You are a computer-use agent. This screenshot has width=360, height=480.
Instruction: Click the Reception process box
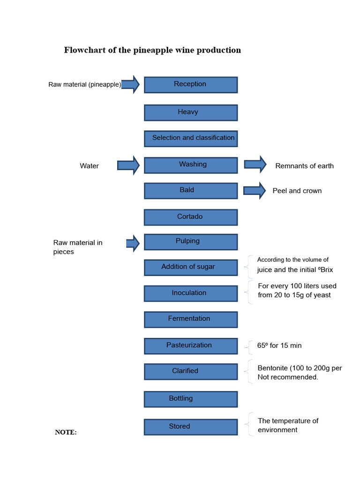(x=190, y=85)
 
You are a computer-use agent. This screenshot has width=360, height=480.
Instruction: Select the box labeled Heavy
(x=190, y=112)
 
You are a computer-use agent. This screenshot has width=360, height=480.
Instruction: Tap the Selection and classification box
(x=190, y=138)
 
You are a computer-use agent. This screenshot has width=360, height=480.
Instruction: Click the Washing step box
(x=190, y=165)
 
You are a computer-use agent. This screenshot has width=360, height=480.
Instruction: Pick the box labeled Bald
(x=190, y=191)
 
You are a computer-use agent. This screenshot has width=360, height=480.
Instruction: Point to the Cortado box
(x=190, y=217)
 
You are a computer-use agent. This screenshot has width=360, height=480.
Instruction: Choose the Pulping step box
(x=190, y=242)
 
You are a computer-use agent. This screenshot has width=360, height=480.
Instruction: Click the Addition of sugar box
(x=190, y=267)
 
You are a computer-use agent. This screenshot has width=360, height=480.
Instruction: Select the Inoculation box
(x=190, y=293)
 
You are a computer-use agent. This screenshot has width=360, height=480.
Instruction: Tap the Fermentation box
(x=190, y=319)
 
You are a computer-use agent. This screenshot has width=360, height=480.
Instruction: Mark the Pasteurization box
(x=190, y=346)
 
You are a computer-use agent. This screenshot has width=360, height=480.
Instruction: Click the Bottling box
(x=190, y=399)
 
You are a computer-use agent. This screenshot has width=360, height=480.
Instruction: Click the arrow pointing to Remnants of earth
(x=255, y=164)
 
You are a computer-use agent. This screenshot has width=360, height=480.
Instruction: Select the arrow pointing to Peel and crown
(x=254, y=190)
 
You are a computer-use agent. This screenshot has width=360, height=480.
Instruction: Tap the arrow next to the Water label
(x=128, y=165)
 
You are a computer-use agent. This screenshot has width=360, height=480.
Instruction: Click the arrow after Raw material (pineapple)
(x=131, y=84)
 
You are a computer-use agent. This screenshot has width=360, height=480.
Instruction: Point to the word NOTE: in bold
(x=66, y=432)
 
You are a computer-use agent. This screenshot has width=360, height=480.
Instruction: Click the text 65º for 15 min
(x=279, y=345)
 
